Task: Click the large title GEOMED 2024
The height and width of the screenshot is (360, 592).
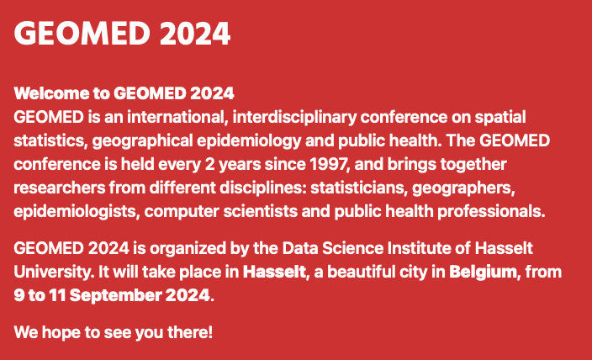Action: [122, 34]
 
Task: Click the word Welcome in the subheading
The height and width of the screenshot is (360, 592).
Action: [51, 93]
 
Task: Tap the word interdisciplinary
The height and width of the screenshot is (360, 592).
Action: [294, 118]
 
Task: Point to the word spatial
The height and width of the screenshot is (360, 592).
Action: [499, 118]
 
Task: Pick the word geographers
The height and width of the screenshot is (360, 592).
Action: [463, 188]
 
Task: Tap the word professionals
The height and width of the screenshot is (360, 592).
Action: [491, 211]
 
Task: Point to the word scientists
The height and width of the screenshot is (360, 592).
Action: [261, 211]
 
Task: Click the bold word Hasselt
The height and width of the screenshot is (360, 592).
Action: [274, 272]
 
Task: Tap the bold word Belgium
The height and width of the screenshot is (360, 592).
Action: [483, 273]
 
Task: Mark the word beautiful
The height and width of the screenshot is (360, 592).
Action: [363, 272]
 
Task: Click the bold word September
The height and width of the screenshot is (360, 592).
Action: [115, 296]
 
